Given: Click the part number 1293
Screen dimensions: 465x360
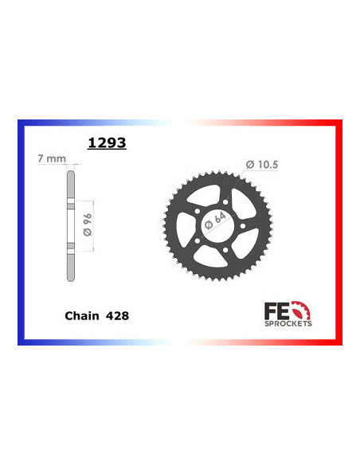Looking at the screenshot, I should [x=106, y=145].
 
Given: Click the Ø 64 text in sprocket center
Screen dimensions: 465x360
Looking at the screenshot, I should [x=215, y=221].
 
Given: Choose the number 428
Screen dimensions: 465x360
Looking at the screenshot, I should [x=116, y=315].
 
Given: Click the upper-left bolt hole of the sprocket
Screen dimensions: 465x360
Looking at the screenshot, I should [x=198, y=211].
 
